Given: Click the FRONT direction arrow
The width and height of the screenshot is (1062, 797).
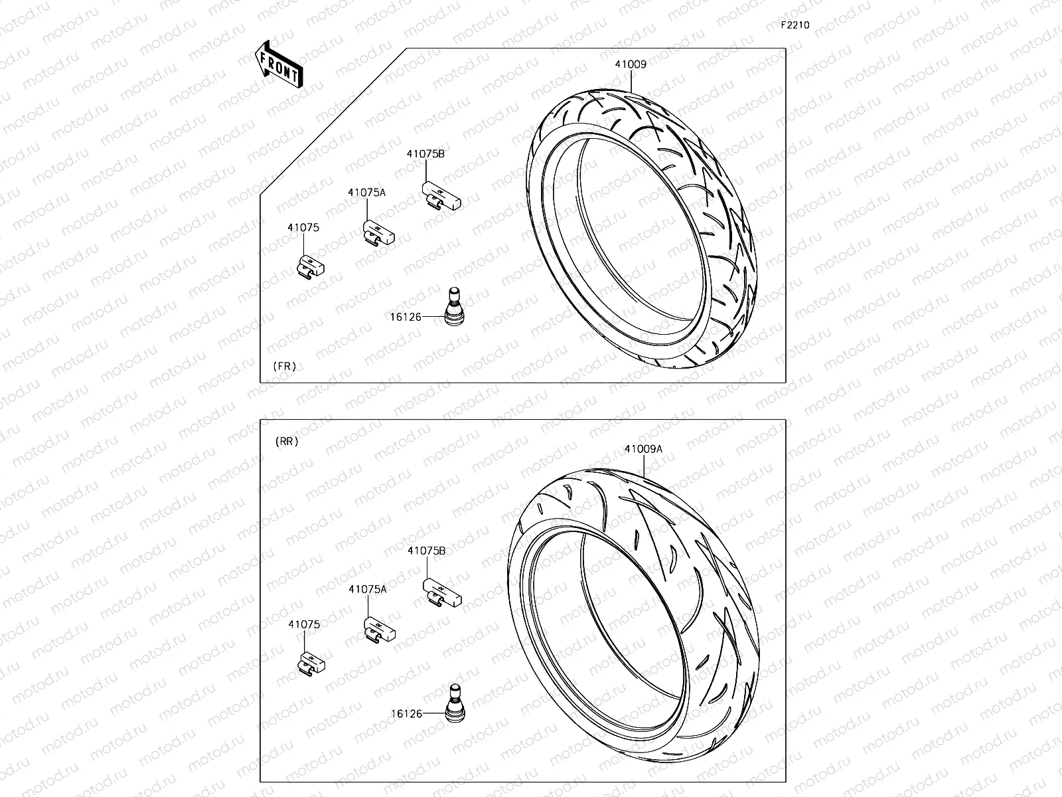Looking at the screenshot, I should pos(279,65).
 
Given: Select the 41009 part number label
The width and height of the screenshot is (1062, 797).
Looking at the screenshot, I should pos(630,64).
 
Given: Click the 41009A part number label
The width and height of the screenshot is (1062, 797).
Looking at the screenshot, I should pos(643,448).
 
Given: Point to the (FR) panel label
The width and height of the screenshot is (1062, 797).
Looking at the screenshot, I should pos(284,366).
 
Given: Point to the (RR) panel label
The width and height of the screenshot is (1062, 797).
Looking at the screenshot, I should pos(286,441).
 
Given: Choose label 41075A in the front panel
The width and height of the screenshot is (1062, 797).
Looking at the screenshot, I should pos(366,192).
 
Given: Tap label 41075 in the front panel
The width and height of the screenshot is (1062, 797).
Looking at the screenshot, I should pos(303,227).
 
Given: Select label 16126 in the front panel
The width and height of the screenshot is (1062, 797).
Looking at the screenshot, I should pos(406,317).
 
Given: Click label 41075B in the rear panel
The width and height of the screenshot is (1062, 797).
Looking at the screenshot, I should pos(426,551).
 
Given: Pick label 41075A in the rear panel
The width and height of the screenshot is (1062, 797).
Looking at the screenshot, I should pos(367,588).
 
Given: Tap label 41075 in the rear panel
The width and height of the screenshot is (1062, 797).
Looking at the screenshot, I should pos(303,624).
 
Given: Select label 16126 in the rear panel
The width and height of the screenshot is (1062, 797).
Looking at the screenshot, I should pos(406,713).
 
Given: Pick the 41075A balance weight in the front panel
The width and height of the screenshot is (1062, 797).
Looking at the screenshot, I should pos(378,233).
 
